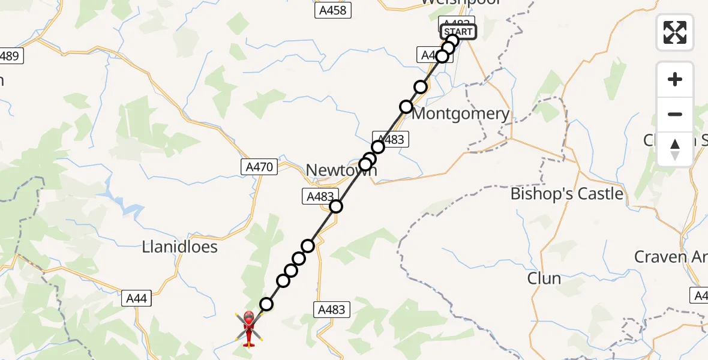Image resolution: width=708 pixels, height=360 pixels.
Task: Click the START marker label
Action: (459, 32)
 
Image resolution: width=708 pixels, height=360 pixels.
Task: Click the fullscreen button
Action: (675, 32)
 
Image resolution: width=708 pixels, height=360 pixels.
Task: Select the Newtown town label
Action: (341, 170)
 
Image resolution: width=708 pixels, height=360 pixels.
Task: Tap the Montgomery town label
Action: (461, 114)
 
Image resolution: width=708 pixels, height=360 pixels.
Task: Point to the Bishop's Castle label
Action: (566, 194)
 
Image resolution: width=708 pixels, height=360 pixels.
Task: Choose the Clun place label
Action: (544, 278)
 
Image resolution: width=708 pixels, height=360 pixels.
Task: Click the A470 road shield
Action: (260, 166)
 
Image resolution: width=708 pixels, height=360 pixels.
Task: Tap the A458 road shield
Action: (333, 10)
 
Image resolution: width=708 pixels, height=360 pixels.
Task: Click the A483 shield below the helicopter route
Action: (331, 310)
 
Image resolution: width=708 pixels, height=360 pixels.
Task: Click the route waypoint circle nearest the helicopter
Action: (266, 304)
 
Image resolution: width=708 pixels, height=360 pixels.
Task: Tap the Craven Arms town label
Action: (669, 257)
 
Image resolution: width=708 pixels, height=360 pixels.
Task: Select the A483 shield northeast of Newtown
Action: (391, 139)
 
